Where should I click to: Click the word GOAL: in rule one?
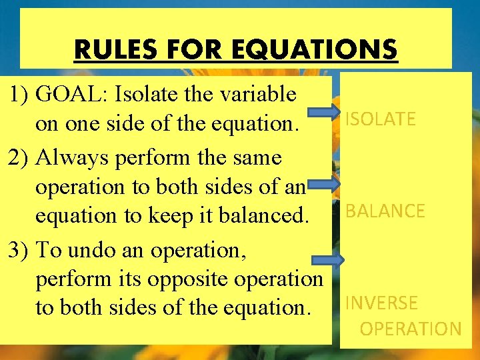pos(73,94)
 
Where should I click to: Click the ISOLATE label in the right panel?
pos(380,119)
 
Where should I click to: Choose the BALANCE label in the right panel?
pos(385,211)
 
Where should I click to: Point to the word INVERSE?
pos(381,303)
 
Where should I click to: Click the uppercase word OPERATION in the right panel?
pos(411,329)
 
